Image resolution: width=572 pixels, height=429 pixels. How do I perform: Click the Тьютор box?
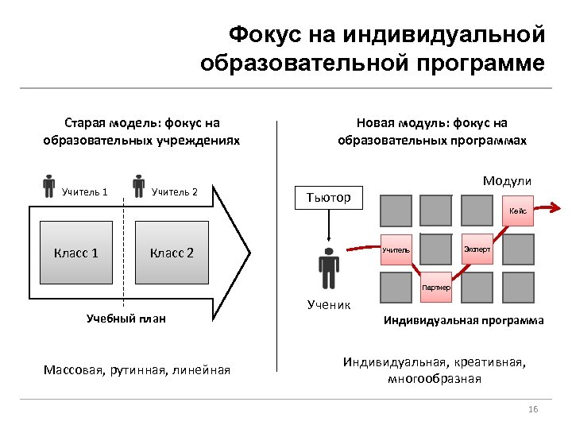(328, 197)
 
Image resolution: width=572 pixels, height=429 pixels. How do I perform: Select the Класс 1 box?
(76, 253)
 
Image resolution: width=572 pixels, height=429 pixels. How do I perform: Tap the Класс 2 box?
(172, 253)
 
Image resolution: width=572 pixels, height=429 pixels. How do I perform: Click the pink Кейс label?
(518, 211)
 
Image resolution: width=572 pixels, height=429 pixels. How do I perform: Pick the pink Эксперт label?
(477, 249)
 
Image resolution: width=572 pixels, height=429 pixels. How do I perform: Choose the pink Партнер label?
(436, 286)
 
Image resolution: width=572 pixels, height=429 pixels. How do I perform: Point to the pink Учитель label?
(396, 250)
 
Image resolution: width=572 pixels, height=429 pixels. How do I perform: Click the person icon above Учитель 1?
(49, 184)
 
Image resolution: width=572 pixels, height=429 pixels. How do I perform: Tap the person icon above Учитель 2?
(139, 184)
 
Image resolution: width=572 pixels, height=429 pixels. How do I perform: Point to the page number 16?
(533, 408)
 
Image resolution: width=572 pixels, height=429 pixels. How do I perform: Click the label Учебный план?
(126, 319)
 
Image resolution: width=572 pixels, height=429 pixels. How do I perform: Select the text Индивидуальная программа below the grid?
(463, 321)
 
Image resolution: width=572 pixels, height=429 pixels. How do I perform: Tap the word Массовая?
(73, 369)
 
